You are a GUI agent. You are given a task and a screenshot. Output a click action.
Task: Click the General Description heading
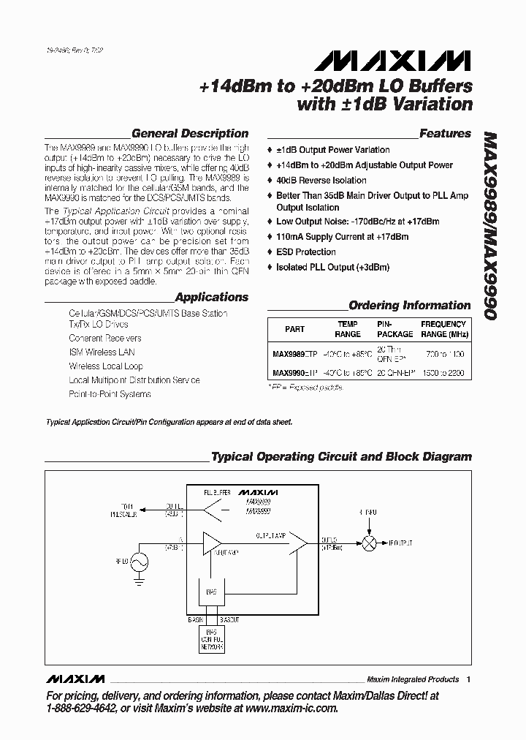point(189,133)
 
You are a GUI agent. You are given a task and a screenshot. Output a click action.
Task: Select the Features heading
point(445,133)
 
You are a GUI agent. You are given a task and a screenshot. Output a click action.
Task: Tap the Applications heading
point(212,297)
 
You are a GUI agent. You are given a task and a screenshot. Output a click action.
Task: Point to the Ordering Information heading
point(409,305)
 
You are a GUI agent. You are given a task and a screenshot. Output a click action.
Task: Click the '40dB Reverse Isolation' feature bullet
point(321,180)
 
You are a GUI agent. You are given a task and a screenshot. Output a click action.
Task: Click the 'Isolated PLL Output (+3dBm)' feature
point(332,267)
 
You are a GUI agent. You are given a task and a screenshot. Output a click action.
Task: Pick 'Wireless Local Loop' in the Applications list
point(106,366)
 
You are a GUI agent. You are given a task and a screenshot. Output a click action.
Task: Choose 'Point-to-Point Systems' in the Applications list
point(110,394)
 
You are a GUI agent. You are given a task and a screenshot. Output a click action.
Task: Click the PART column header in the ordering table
point(294,329)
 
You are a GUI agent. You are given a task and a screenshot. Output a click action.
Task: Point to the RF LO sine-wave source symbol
point(138,562)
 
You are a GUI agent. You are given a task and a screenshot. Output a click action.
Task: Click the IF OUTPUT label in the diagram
point(400,543)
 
